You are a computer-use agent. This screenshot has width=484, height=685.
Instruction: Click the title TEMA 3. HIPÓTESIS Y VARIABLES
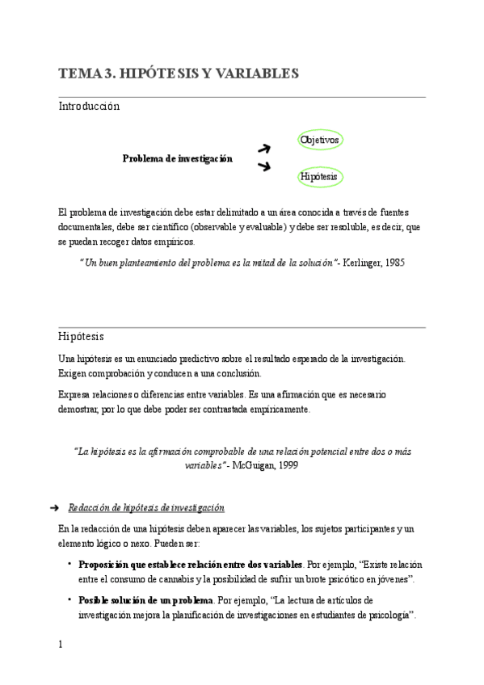tap(179, 74)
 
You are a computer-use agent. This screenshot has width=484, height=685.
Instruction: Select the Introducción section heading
tap(89, 106)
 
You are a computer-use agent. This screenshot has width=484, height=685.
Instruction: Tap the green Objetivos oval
tap(320, 140)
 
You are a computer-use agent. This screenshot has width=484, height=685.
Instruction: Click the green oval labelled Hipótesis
tap(318, 175)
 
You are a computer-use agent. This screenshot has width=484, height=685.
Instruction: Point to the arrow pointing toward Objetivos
tap(263, 148)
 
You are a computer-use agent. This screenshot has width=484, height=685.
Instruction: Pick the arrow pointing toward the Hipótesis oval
tap(263, 166)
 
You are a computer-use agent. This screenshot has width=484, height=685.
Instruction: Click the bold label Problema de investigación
tap(177, 158)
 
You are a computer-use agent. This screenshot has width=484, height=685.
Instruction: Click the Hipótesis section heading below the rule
tap(81, 336)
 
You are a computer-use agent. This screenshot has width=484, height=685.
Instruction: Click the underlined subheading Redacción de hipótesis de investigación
tap(146, 507)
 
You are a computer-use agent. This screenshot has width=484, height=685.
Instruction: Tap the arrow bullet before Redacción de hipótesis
tap(54, 508)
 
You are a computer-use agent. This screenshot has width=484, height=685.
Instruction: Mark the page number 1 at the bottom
tap(61, 644)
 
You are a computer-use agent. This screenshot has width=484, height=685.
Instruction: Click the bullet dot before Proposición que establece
tap(69, 563)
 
